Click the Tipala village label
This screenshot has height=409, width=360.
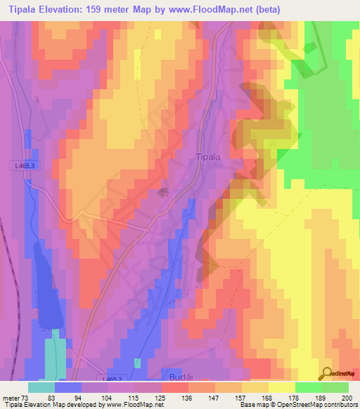[x=207, y=158]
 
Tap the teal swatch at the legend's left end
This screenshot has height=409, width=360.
[x=41, y=387]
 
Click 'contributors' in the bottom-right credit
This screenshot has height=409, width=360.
[x=340, y=405]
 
